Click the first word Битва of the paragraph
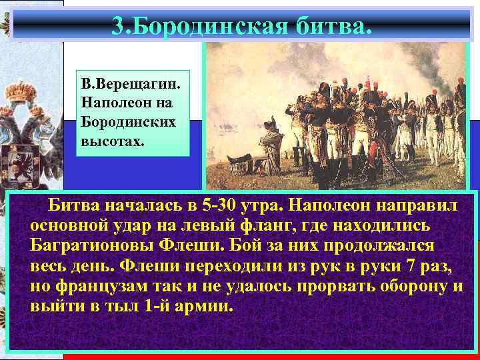click(x=70, y=202)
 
